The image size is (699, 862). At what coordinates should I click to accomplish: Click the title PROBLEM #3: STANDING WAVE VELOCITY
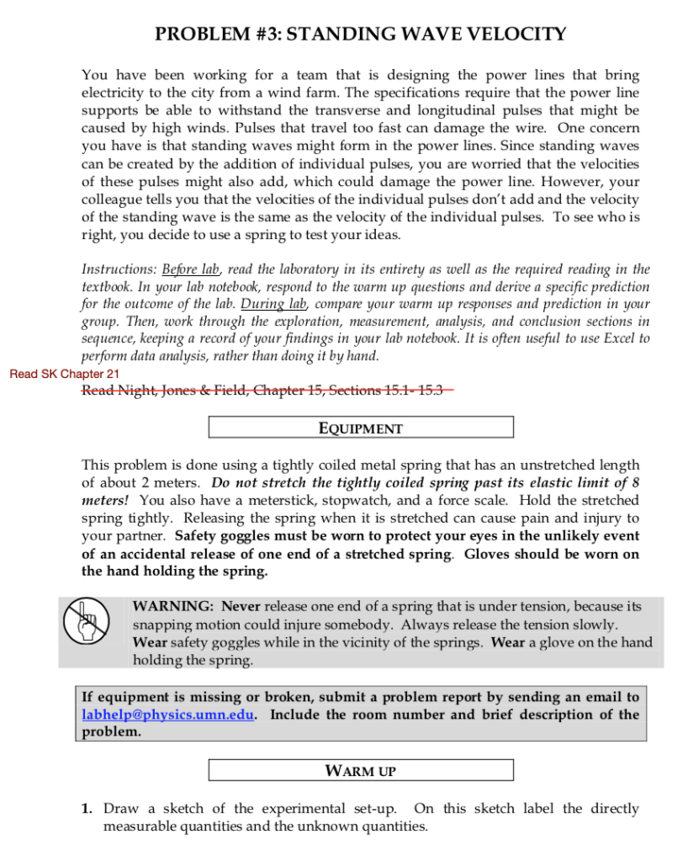click(361, 35)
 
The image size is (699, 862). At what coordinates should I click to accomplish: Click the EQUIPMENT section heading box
click(361, 428)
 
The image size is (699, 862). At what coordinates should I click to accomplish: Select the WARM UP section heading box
click(361, 770)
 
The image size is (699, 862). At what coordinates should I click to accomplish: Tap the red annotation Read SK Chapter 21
click(65, 374)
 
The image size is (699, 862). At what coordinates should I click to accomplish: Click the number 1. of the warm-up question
click(87, 809)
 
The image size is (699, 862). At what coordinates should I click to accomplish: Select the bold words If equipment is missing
click(155, 697)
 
